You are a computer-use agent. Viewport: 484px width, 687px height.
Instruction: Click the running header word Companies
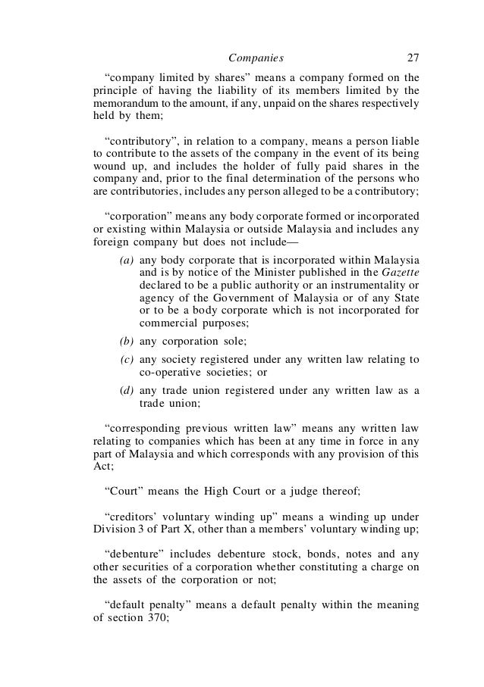click(256, 57)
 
